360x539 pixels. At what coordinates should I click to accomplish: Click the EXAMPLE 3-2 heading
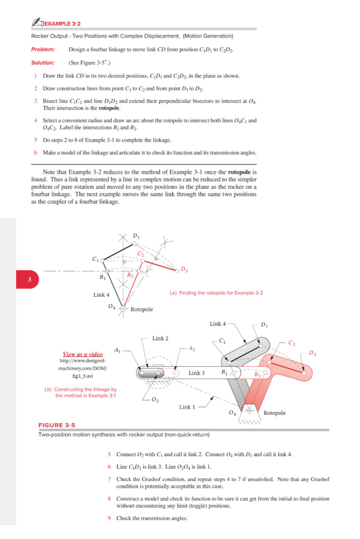(x=62, y=24)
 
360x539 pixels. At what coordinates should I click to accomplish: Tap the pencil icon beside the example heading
(x=37, y=22)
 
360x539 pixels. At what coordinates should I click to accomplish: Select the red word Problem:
(x=43, y=49)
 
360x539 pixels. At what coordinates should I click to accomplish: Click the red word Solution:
(x=43, y=63)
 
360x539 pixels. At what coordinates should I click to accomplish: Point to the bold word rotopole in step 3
(x=109, y=108)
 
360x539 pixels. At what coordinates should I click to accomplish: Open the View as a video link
(x=83, y=354)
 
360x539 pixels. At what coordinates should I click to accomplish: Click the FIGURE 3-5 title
(x=57, y=425)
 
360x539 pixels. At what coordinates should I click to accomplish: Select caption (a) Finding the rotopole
(x=216, y=293)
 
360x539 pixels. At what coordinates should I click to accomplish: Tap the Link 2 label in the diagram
(x=160, y=339)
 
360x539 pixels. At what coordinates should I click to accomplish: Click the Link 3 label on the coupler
(x=196, y=373)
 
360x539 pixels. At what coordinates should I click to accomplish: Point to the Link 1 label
(x=187, y=407)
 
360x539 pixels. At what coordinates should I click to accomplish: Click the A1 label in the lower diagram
(x=117, y=350)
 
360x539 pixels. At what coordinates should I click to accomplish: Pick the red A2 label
(x=192, y=348)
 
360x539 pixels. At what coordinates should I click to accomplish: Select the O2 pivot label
(x=155, y=400)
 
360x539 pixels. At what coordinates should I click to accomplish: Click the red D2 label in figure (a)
(x=184, y=269)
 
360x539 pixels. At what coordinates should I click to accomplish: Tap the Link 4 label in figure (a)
(x=101, y=295)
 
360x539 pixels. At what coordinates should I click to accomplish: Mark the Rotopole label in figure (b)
(x=274, y=413)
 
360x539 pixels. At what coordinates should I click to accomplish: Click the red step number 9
(x=109, y=518)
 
